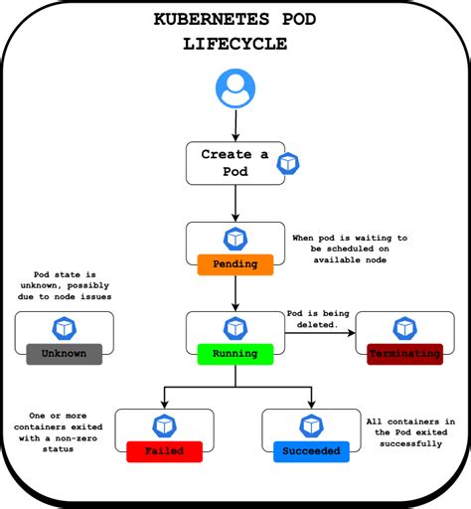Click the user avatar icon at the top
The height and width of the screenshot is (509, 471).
pos(235,90)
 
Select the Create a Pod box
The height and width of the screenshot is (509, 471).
pos(234,162)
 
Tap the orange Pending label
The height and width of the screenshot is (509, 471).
pos(235,264)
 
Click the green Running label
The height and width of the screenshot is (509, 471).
pos(235,353)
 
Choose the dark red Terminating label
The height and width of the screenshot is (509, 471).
pos(404,353)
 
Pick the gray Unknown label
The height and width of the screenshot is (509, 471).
pos(64,353)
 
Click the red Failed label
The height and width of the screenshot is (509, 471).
pos(163,450)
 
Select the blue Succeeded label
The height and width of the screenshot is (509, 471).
pos(312,450)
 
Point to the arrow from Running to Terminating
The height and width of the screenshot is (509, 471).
pos(319,334)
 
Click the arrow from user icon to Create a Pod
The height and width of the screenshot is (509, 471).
pos(235,125)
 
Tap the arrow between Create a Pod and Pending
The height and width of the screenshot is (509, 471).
pos(235,203)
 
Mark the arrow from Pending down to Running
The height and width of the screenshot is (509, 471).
pos(235,292)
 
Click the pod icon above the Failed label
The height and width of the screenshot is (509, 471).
pos(163,424)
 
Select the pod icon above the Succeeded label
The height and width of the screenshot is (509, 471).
pos(311,424)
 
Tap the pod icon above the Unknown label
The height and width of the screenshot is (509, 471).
pos(64,328)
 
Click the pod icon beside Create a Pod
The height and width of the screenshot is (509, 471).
pos(288,163)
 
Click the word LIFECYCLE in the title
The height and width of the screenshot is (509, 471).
pos(235,44)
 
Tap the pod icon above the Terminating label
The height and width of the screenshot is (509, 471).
pos(404,328)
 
